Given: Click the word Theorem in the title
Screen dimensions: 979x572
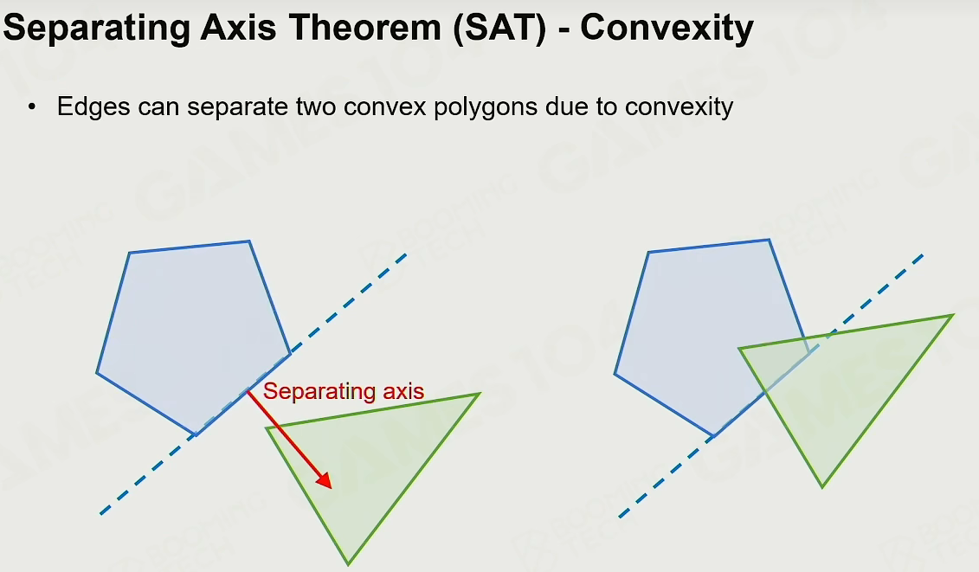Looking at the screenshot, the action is pyautogui.click(x=364, y=28).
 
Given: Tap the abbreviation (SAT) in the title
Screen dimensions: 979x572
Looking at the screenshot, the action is pyautogui.click(x=500, y=29).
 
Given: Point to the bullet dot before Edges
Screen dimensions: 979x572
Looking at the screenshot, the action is pyautogui.click(x=32, y=106).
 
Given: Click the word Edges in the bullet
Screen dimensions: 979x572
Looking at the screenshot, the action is pyautogui.click(x=93, y=106).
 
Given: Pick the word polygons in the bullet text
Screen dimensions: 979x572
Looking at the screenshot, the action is pyautogui.click(x=485, y=106).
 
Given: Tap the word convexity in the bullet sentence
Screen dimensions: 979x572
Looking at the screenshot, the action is pyautogui.click(x=679, y=106).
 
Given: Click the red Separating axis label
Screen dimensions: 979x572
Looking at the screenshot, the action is pyautogui.click(x=344, y=391).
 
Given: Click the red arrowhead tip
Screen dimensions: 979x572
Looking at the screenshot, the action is pyautogui.click(x=331, y=488).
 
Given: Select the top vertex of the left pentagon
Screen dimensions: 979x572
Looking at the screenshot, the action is pyautogui.click(x=250, y=241).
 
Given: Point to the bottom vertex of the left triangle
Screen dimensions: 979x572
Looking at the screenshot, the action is pyautogui.click(x=348, y=564).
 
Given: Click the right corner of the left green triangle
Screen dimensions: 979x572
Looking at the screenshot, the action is pyautogui.click(x=480, y=394).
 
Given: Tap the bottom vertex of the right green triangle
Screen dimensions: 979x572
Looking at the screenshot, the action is pyautogui.click(x=822, y=487).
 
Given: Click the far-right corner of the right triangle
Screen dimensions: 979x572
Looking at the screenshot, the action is pyautogui.click(x=953, y=315).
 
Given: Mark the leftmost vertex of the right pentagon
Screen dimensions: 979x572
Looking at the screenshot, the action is pyautogui.click(x=615, y=374).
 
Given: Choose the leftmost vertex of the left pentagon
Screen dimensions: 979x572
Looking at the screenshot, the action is pyautogui.click(x=97, y=373).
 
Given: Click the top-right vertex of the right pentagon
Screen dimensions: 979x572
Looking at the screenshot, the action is pyautogui.click(x=770, y=239).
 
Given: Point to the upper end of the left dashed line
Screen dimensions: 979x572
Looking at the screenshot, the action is pyautogui.click(x=407, y=254).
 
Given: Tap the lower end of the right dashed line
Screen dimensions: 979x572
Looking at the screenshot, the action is pyautogui.click(x=619, y=517).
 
